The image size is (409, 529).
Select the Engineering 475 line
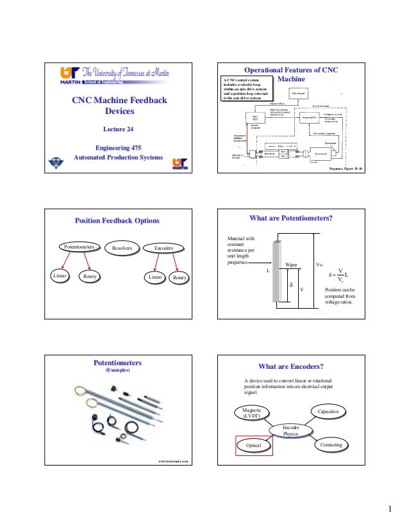click(x=118, y=147)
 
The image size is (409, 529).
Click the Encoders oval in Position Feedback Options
click(x=162, y=247)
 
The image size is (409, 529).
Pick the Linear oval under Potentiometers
click(x=60, y=276)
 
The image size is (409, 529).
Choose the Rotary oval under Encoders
click(x=180, y=277)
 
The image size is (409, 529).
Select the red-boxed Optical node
click(x=253, y=444)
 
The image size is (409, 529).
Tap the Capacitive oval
click(x=328, y=410)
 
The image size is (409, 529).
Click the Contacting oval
click(x=330, y=444)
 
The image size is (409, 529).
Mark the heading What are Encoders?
click(x=290, y=366)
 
